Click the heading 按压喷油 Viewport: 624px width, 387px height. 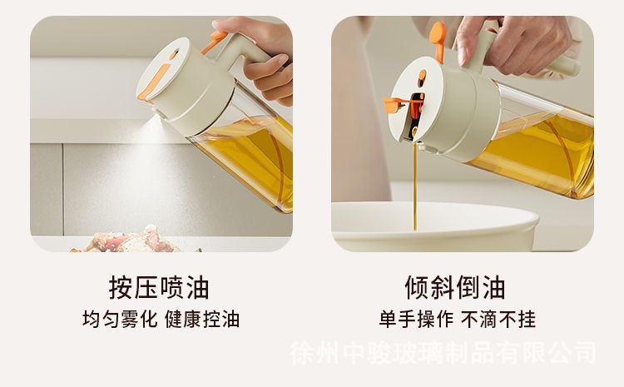coord(159,287)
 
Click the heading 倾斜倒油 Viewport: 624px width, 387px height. coord(455,287)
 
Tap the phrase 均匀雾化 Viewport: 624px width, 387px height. coord(120,319)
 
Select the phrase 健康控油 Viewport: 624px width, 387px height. coord(202,319)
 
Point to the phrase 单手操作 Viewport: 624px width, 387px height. coord(416,319)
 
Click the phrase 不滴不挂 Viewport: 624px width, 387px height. coord(498,319)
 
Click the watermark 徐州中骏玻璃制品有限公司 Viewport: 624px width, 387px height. coord(443,353)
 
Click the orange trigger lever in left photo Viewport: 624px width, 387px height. coord(214,42)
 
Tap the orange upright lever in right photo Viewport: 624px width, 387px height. coord(438,41)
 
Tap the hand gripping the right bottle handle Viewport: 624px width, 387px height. coord(513,44)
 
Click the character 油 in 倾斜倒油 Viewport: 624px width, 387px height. coord(494,287)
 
